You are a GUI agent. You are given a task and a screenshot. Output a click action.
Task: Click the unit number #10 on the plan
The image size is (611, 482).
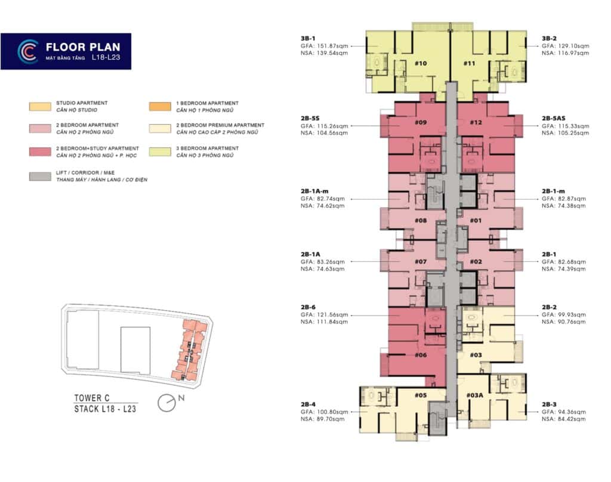(x=420, y=63)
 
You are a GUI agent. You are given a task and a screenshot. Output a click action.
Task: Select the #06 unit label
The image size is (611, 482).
(x=420, y=355)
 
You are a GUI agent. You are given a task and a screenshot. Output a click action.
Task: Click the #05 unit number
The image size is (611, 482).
(x=420, y=395)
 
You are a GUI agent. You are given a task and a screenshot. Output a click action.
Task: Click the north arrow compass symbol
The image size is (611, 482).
(x=166, y=404)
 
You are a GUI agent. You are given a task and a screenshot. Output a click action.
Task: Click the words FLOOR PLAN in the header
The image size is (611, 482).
(x=83, y=47)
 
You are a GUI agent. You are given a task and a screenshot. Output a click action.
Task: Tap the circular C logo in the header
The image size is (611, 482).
(x=28, y=51)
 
